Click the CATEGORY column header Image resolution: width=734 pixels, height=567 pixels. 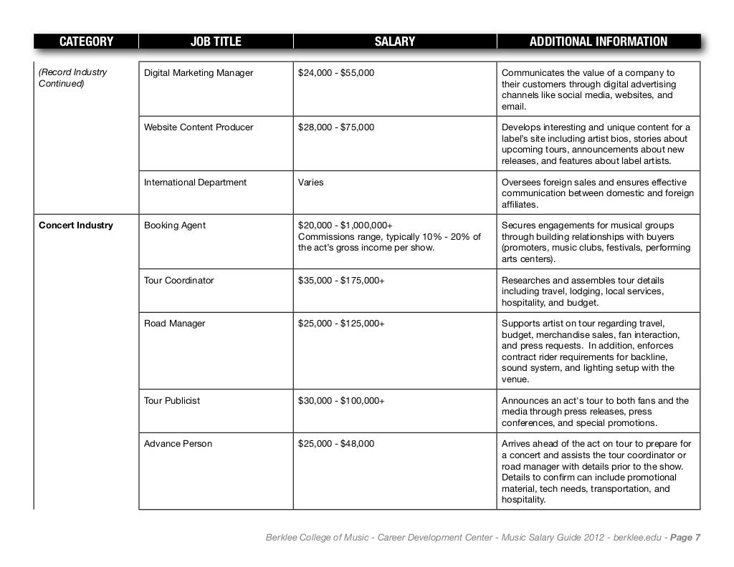click(x=86, y=42)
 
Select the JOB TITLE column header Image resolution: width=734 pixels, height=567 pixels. click(x=216, y=42)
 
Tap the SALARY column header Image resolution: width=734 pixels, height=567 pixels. click(x=395, y=42)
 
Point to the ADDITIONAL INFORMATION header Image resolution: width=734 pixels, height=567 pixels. click(x=598, y=42)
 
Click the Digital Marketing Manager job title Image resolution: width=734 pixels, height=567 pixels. click(x=199, y=73)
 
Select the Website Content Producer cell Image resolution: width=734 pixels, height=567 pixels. click(x=199, y=127)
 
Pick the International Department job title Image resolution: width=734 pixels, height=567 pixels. click(x=195, y=183)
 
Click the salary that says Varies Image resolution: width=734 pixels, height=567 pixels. click(x=310, y=183)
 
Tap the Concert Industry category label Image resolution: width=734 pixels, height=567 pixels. click(x=75, y=226)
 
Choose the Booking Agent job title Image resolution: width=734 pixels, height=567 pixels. click(x=175, y=226)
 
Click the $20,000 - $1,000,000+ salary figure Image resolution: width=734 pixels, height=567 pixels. click(x=345, y=226)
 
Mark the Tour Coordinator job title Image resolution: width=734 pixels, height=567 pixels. click(x=178, y=281)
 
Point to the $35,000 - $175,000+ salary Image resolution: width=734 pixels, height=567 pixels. click(x=341, y=281)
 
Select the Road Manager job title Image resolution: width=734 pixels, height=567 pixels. click(x=174, y=324)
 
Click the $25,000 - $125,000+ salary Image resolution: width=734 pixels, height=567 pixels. click(x=341, y=324)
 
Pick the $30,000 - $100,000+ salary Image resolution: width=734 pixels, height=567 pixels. click(x=341, y=401)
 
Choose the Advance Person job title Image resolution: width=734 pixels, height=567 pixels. click(x=178, y=444)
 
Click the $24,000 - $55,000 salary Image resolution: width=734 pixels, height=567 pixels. click(x=335, y=73)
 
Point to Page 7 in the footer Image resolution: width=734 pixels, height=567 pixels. click(x=685, y=538)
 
